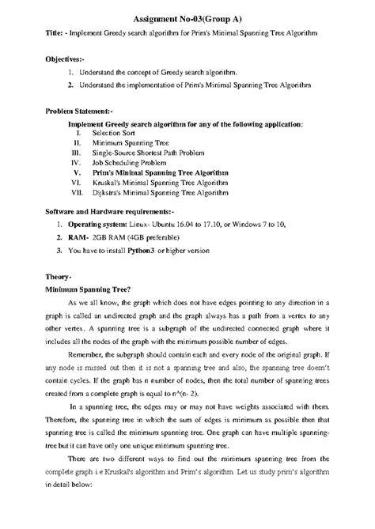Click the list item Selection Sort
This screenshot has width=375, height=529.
[117, 134]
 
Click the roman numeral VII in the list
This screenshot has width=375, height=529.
[77, 191]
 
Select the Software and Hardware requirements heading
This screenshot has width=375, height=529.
[110, 213]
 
